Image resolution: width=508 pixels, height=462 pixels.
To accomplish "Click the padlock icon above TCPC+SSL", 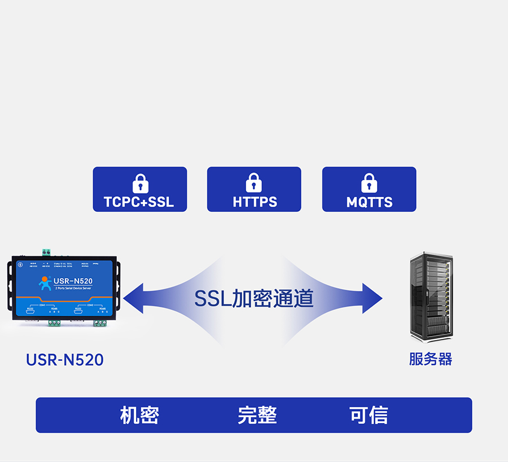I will tap(140, 183).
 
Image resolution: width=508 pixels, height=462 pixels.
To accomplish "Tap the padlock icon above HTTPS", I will tap(254, 183).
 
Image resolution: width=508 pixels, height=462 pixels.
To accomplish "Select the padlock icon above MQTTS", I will tap(369, 183).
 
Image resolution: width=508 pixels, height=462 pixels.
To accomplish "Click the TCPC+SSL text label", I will tap(139, 202).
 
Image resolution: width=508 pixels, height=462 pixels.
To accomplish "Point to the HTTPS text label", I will tap(255, 202).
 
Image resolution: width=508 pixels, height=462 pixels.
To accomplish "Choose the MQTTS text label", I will tap(369, 202).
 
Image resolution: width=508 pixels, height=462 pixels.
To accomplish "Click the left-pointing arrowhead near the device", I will tap(133, 298).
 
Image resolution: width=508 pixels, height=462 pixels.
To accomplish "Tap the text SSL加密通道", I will tap(253, 298).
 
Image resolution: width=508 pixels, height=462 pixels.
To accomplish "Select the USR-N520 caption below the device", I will tap(65, 360).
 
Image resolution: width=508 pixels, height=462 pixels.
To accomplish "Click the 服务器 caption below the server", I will tap(431, 359).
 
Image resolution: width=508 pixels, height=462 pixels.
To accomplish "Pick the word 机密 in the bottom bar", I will tap(139, 415).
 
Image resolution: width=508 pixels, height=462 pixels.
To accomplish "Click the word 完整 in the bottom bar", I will tap(257, 415).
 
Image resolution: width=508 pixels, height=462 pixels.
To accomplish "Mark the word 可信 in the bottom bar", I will tap(369, 415).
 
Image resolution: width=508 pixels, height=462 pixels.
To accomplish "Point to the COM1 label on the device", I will tap(42, 305).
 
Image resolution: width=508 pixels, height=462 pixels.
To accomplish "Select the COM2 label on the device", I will tap(90, 305).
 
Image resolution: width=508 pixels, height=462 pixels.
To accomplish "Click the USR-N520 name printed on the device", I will tap(73, 281).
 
